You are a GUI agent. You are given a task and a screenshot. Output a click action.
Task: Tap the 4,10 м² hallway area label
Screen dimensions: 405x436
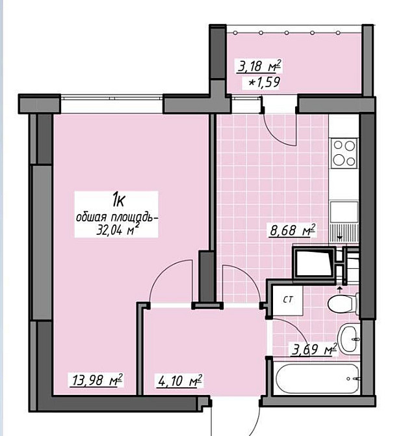click(x=180, y=380)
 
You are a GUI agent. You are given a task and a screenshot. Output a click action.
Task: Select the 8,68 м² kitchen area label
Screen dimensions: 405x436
click(x=293, y=230)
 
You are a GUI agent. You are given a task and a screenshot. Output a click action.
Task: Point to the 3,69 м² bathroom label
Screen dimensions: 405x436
click(x=314, y=349)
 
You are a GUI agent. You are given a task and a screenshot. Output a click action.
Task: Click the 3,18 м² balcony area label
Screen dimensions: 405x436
click(x=259, y=66)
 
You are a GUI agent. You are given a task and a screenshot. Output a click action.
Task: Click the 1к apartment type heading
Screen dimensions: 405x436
click(x=118, y=200)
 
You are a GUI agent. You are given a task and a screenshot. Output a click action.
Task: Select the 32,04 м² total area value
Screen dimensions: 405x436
click(x=117, y=230)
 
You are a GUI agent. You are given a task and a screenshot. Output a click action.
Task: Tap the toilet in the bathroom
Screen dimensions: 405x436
click(x=343, y=304)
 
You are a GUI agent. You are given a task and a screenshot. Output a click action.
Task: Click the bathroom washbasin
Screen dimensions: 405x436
click(x=348, y=338)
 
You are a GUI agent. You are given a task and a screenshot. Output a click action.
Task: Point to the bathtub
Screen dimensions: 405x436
click(x=317, y=378)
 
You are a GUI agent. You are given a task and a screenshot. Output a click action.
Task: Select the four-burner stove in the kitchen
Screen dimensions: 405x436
click(x=344, y=153)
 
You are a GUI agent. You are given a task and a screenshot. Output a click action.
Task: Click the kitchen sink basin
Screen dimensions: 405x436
click(x=344, y=212)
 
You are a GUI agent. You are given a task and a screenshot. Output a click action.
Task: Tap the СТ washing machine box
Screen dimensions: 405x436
click(x=288, y=300)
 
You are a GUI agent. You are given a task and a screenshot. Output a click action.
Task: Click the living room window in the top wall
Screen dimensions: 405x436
click(x=111, y=98)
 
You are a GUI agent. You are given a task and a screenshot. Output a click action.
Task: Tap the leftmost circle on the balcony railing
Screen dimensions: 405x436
click(x=235, y=33)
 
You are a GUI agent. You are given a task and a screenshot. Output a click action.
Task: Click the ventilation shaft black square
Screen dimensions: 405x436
click(x=313, y=262)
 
